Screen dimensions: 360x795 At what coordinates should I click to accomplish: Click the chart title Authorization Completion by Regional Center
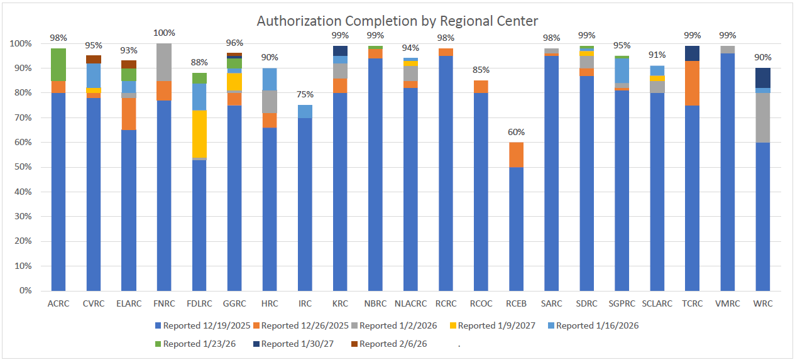point(397,21)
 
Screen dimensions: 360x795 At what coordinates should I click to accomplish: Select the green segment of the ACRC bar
point(58,65)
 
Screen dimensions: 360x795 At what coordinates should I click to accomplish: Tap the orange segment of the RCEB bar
point(516,155)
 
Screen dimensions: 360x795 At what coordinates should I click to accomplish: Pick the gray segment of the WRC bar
point(762,117)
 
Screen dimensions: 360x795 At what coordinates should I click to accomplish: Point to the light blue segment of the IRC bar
point(305,111)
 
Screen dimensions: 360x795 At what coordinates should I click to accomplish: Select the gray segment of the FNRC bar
point(164,62)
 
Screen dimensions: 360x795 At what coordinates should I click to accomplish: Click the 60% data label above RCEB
point(516,133)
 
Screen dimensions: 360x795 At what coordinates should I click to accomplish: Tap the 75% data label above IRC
point(305,95)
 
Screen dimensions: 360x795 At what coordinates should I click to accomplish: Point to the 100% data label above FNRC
point(164,33)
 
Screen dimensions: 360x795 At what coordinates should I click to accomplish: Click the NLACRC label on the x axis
point(410,304)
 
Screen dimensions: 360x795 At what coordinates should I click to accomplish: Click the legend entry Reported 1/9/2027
point(497,325)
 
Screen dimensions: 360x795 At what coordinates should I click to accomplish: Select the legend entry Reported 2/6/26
point(388,344)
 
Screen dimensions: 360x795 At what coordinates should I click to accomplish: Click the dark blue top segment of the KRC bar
point(340,51)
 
